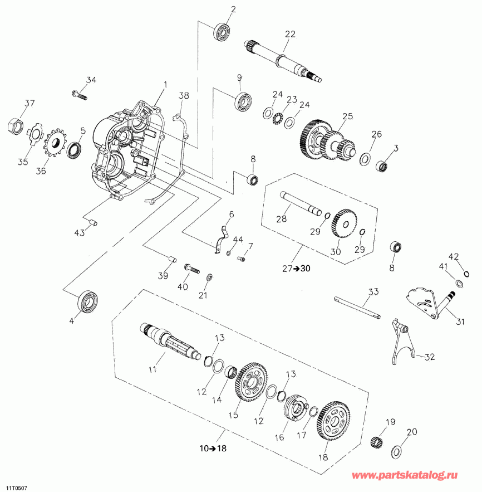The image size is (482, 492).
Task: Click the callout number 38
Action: [x=184, y=96]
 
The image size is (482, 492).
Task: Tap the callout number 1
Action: [x=165, y=85]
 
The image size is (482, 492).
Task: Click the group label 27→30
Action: [x=296, y=268]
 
